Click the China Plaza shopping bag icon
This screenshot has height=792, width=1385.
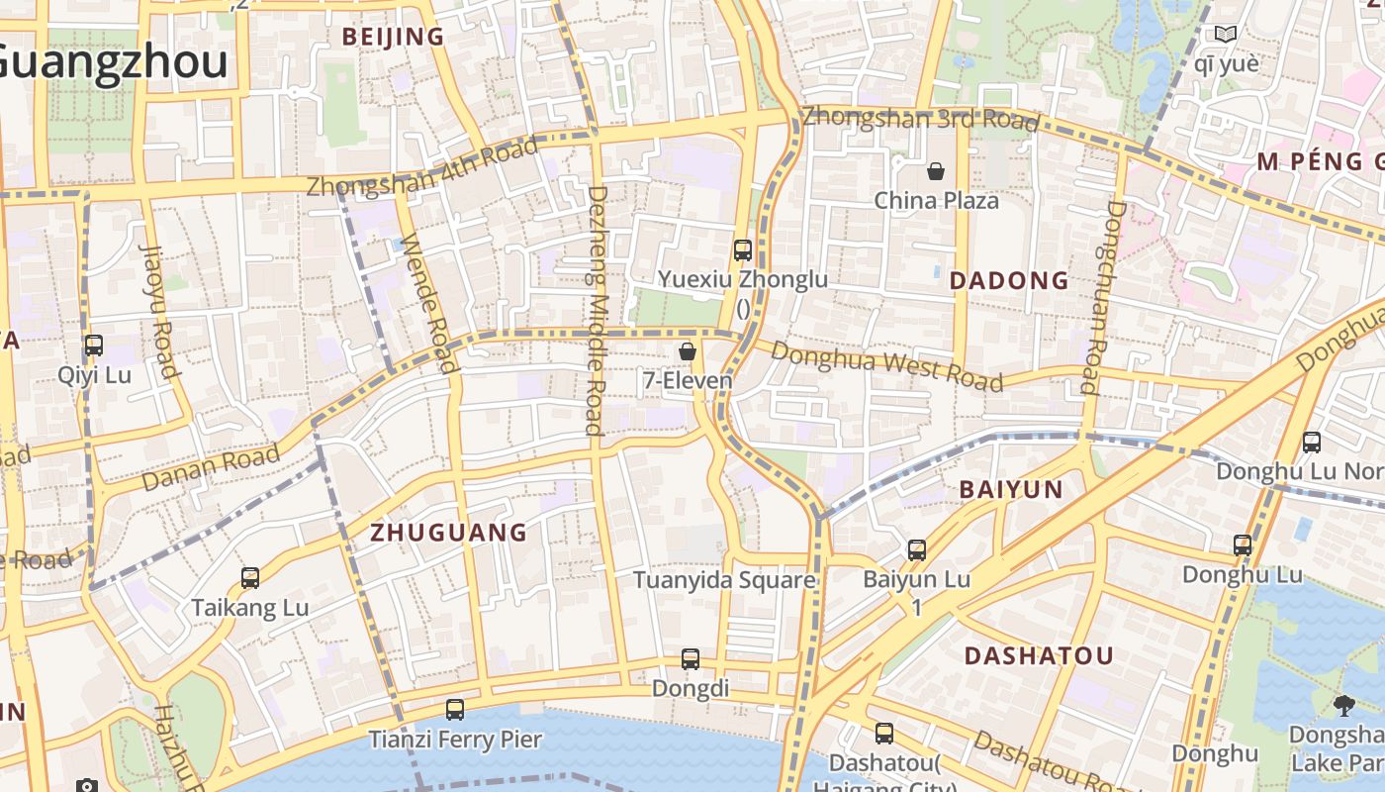coord(936,172)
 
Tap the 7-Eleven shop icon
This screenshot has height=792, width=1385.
coord(688,351)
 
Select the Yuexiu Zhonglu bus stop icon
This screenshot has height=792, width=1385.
coord(743,250)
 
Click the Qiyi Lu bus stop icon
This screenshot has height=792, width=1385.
coord(94,346)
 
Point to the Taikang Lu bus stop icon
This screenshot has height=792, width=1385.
coord(250,578)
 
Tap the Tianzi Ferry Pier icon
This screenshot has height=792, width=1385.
coord(455,710)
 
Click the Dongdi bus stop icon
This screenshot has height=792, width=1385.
coord(691,659)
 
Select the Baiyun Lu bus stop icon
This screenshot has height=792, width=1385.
coord(917,550)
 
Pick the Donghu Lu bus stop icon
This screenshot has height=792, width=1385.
coord(1243,545)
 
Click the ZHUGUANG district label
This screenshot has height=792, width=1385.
coord(448,533)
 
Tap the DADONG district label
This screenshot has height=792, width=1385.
coord(1009,281)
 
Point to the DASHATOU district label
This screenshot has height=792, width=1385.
coord(1039,655)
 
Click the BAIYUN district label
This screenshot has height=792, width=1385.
coord(1011,489)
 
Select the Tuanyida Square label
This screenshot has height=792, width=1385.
coord(724,580)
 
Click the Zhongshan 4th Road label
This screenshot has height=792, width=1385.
coord(422,167)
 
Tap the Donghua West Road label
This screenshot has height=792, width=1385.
coord(885,366)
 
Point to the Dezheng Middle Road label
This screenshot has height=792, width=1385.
coord(596,310)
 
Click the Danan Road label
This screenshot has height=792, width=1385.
coord(210,468)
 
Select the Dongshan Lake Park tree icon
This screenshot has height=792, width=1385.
coord(1343,706)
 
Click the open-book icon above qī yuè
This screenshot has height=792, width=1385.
coord(1226,35)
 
